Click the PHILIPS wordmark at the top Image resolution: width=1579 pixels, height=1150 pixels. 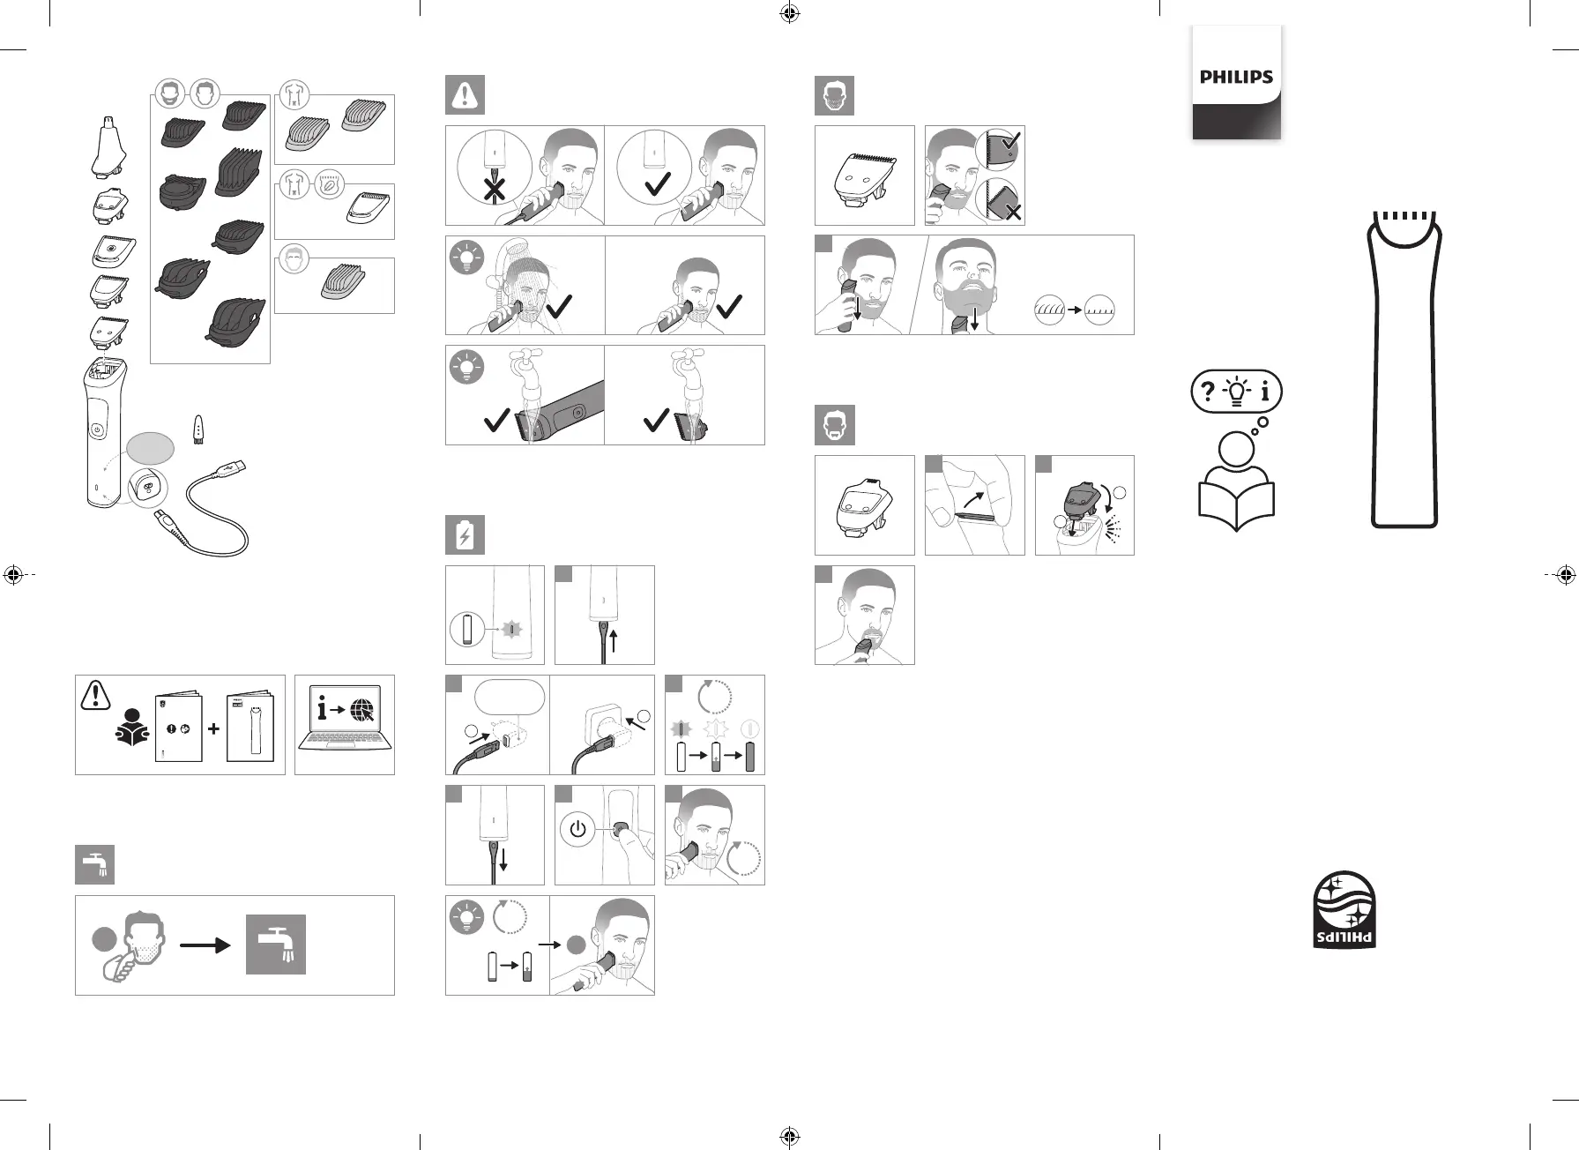point(1236,77)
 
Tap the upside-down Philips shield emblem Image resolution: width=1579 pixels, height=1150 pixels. point(1344,910)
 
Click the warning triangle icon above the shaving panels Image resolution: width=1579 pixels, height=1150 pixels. point(465,96)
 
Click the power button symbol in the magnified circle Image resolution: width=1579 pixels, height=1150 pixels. point(577,830)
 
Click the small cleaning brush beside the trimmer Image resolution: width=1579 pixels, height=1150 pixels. point(199,429)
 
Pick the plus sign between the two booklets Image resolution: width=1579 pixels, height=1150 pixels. point(213,729)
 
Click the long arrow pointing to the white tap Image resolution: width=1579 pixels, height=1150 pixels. point(205,945)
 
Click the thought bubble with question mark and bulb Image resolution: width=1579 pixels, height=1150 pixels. point(1236,392)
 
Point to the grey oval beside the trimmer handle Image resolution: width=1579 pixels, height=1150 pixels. point(150,448)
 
